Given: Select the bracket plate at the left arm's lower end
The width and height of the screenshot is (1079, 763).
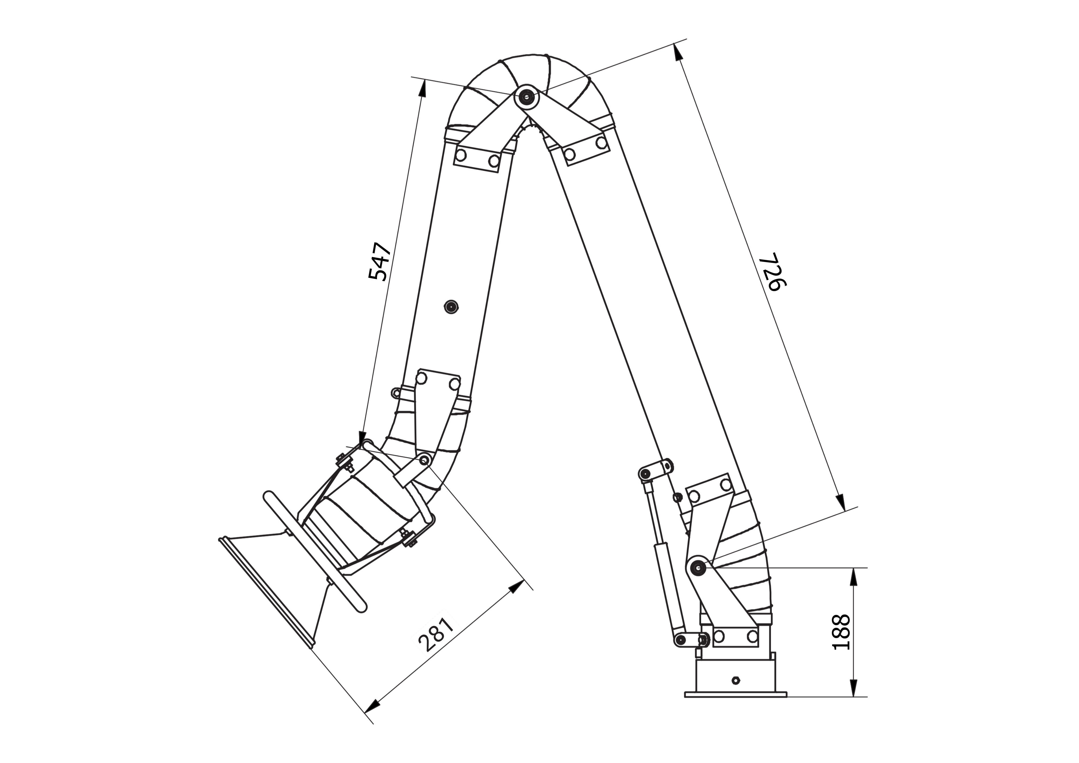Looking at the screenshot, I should [x=437, y=409].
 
